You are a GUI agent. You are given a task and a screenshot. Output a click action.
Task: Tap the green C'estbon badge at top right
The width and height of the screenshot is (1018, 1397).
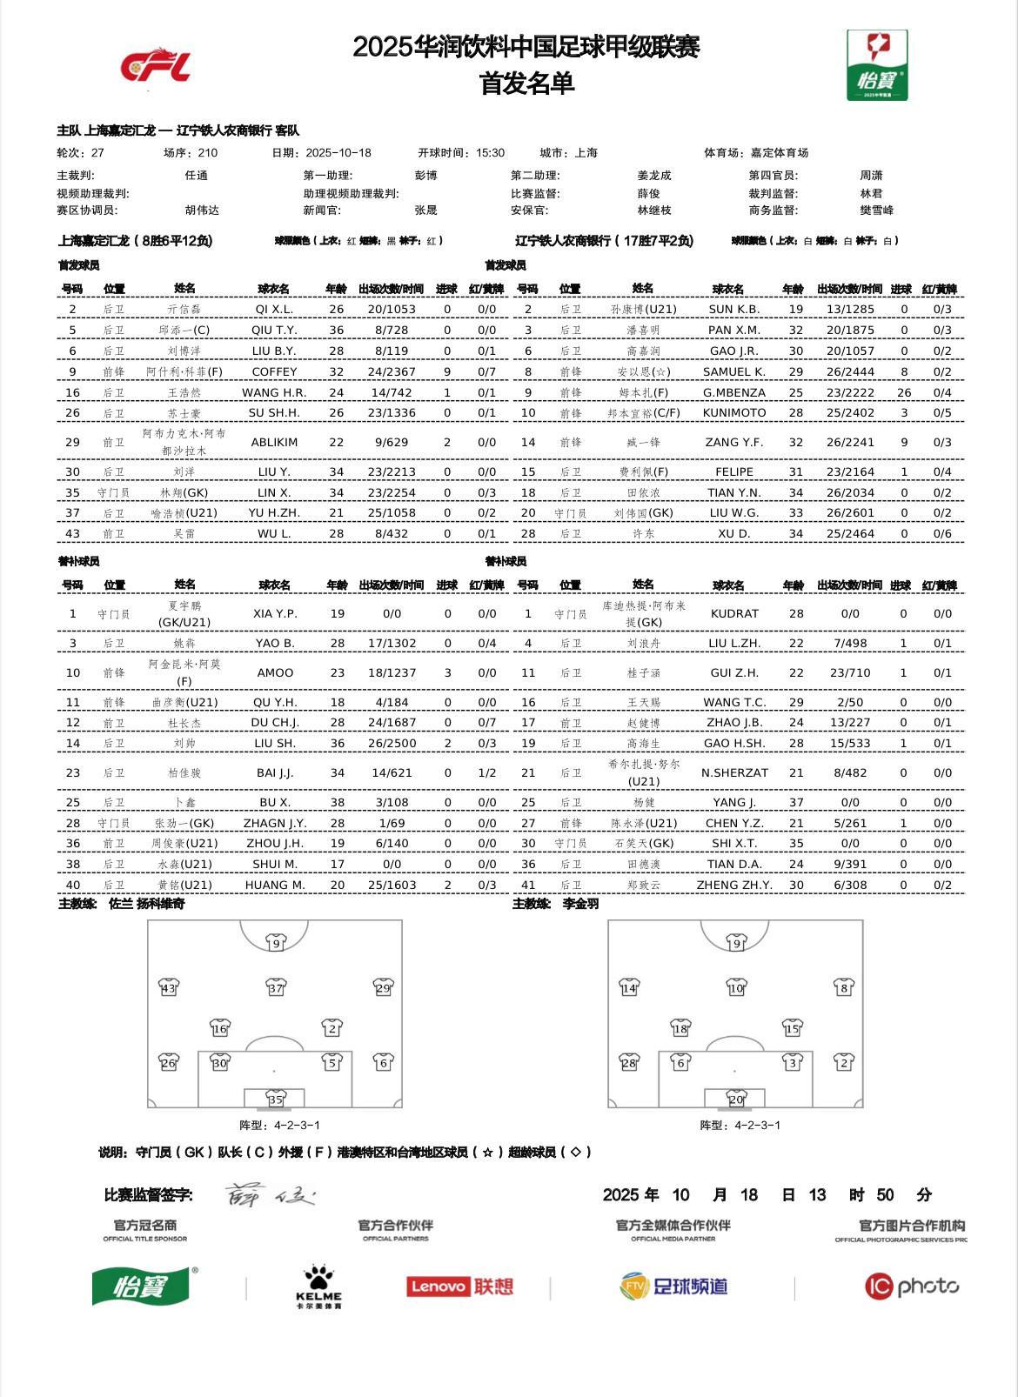(877, 65)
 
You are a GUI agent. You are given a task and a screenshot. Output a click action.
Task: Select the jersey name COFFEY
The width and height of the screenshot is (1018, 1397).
(274, 371)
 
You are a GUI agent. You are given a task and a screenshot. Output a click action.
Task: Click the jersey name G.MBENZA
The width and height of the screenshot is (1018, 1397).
(734, 392)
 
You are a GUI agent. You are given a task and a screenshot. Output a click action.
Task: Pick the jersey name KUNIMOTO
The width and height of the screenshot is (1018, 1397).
(734, 413)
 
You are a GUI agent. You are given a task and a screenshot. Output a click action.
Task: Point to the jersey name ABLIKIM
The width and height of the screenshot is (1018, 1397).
(274, 442)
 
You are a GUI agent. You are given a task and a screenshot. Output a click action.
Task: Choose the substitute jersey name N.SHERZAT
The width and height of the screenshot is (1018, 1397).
(734, 772)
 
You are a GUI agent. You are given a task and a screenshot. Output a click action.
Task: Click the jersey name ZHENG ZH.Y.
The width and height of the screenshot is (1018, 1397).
(734, 885)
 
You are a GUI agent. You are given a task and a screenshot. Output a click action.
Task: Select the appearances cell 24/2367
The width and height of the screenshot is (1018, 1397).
(392, 371)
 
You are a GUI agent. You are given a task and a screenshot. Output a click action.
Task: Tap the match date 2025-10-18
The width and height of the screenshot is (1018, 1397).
(338, 153)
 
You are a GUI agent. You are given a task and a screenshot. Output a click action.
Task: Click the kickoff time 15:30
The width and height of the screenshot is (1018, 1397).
(490, 153)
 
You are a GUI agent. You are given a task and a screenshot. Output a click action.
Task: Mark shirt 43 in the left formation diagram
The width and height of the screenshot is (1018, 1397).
(168, 987)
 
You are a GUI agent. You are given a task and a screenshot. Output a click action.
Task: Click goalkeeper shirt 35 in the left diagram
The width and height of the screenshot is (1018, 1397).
(275, 1099)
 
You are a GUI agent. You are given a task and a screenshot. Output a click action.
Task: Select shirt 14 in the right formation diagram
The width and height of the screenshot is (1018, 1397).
(628, 987)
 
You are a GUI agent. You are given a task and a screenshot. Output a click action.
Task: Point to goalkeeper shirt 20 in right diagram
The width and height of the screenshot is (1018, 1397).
(736, 1099)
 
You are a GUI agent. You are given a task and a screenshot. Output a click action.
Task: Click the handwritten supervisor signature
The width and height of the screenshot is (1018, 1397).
(270, 1195)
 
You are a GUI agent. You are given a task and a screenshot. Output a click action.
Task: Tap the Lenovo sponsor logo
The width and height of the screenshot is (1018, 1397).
(459, 1286)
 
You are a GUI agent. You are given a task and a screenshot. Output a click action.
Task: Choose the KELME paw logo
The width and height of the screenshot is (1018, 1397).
(318, 1286)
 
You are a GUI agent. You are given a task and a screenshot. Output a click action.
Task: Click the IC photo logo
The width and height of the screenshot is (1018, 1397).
(912, 1286)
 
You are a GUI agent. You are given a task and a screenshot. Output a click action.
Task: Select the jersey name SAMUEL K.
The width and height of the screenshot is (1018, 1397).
(734, 371)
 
